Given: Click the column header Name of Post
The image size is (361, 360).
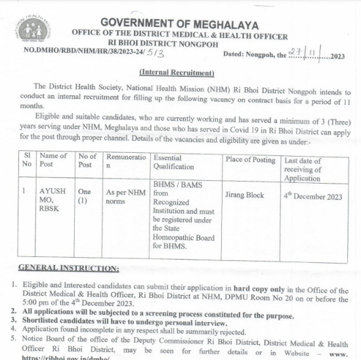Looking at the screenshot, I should click(x=53, y=160).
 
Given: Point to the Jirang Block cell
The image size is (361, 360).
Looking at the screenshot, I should click(x=244, y=195).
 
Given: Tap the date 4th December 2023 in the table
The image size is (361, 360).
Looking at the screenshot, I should click(x=313, y=196).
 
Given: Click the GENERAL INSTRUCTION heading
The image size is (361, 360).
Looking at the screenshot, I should click(x=68, y=268).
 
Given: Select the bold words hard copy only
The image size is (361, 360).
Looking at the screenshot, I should click(x=259, y=288).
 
